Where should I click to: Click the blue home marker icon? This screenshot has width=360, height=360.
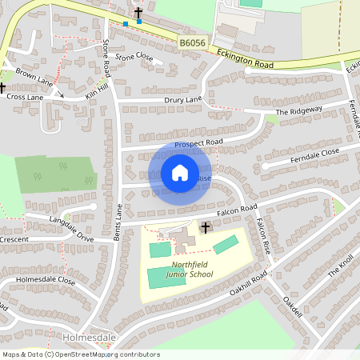click(x=180, y=173)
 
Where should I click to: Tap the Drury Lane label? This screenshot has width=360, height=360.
click(x=183, y=100)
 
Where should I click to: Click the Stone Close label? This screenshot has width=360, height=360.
click(x=134, y=57)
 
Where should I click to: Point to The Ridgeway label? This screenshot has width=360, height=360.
click(x=298, y=110)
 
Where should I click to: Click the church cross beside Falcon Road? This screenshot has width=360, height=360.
click(x=205, y=228)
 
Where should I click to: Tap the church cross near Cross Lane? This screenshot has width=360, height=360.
click(x=2, y=87)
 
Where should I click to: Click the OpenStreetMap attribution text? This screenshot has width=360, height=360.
click(x=81, y=354)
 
